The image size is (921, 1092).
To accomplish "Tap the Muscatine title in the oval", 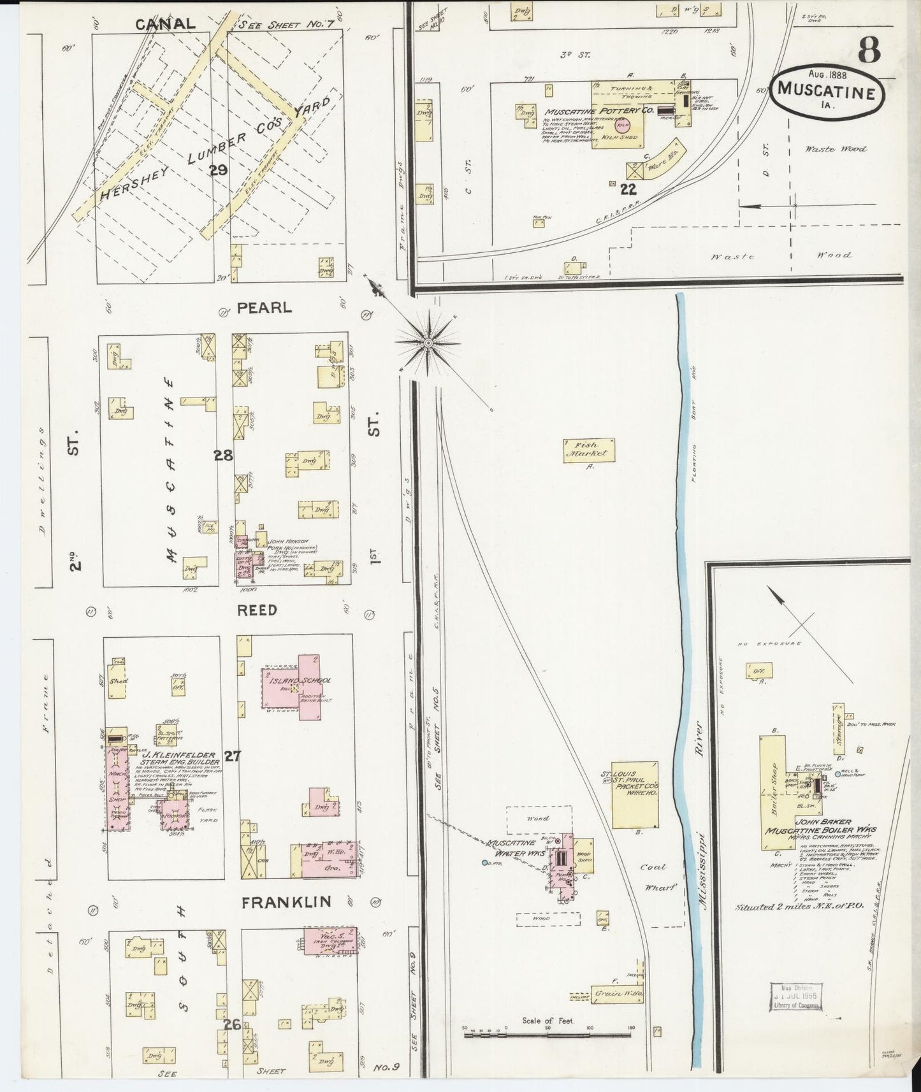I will (x=829, y=92).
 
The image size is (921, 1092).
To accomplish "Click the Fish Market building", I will (x=588, y=450).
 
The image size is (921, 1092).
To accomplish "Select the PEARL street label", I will (x=264, y=308).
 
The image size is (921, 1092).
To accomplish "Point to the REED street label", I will (x=257, y=610).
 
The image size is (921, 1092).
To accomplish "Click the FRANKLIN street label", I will (x=286, y=902).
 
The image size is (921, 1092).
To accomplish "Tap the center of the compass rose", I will (x=428, y=343).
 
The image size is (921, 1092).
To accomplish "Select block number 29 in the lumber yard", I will (x=219, y=170).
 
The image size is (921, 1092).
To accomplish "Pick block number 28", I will (x=223, y=455).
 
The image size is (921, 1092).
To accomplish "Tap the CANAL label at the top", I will (x=165, y=24).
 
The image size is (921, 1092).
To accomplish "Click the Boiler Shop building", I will (x=772, y=793).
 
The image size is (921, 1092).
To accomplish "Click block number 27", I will (x=232, y=756).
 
